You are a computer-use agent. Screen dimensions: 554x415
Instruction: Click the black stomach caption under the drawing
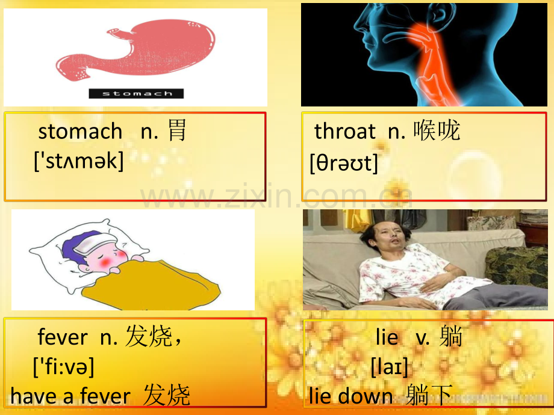tap(136, 93)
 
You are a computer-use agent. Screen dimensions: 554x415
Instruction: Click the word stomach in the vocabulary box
tap(80, 131)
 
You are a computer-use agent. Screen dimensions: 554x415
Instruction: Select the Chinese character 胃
tap(176, 131)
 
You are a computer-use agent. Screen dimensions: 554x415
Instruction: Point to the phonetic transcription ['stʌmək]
tap(79, 161)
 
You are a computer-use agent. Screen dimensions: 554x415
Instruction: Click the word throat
tap(345, 131)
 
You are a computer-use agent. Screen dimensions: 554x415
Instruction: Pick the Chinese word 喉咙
tap(437, 131)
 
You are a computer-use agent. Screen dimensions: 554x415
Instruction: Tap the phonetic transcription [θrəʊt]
tap(344, 163)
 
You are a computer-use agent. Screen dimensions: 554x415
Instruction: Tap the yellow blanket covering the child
tap(152, 286)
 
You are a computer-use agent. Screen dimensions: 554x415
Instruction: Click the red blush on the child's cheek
tap(105, 262)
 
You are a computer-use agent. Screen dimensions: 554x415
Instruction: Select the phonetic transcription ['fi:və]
tap(64, 367)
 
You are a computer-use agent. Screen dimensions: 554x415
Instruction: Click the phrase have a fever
tap(70, 396)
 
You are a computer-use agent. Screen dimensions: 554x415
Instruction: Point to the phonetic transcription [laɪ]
tap(390, 367)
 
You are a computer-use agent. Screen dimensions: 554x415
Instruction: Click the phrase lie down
tap(350, 396)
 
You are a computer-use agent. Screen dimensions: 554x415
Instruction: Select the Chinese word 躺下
tap(429, 395)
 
